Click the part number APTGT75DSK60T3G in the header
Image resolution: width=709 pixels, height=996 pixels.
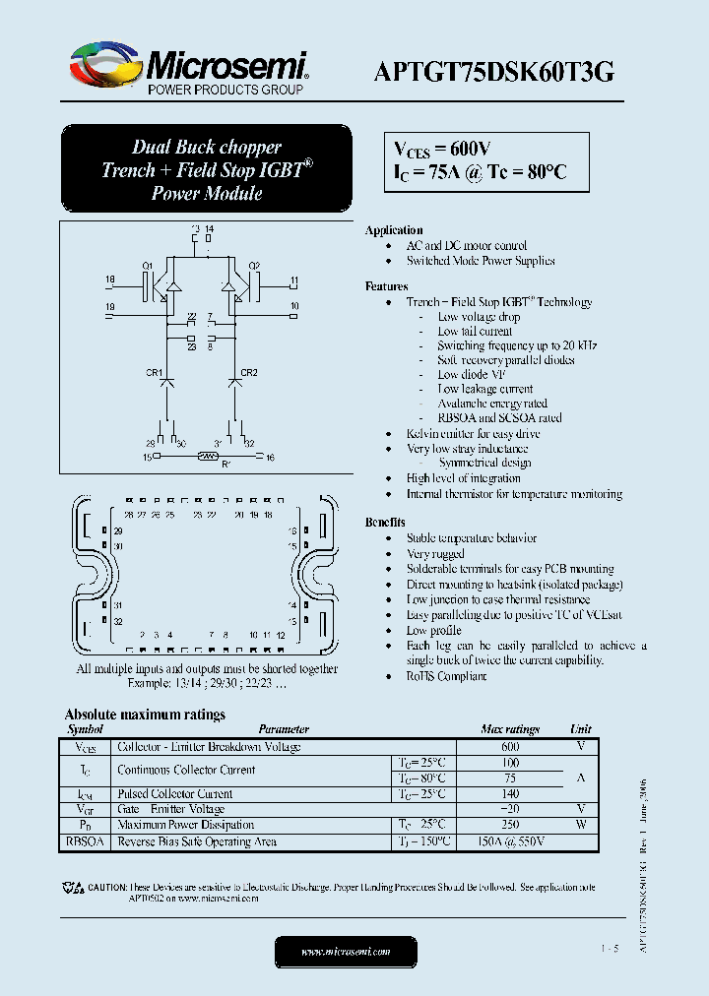pyautogui.click(x=494, y=71)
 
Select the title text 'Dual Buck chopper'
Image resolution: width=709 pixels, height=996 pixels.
pyautogui.click(x=207, y=148)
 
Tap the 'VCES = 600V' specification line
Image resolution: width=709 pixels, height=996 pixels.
pyautogui.click(x=442, y=149)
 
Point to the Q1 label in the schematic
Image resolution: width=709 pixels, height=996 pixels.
pyautogui.click(x=147, y=266)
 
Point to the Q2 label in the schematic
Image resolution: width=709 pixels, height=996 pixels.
pyautogui.click(x=254, y=266)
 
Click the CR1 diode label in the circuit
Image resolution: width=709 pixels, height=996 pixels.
pyautogui.click(x=153, y=373)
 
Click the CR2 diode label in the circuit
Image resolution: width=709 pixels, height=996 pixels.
pyautogui.click(x=249, y=373)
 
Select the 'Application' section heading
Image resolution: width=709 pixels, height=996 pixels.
pyautogui.click(x=394, y=230)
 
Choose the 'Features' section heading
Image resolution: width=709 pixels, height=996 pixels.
pyautogui.click(x=386, y=286)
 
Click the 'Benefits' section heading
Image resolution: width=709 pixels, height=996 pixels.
pyautogui.click(x=385, y=523)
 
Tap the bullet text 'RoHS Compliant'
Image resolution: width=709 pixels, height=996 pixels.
pyautogui.click(x=446, y=676)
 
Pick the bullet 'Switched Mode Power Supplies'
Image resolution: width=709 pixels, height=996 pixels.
pyautogui.click(x=481, y=261)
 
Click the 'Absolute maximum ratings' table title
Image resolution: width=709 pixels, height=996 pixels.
pyautogui.click(x=145, y=715)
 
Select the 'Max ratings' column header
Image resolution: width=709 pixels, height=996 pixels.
pyautogui.click(x=510, y=729)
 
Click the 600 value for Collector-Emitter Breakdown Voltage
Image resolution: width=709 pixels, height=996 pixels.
pyautogui.click(x=510, y=747)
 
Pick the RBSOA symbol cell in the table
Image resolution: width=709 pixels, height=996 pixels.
pyautogui.click(x=85, y=841)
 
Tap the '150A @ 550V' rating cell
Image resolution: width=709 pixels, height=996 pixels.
pyautogui.click(x=510, y=841)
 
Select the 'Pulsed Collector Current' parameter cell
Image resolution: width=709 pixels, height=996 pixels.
pyautogui.click(x=175, y=794)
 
